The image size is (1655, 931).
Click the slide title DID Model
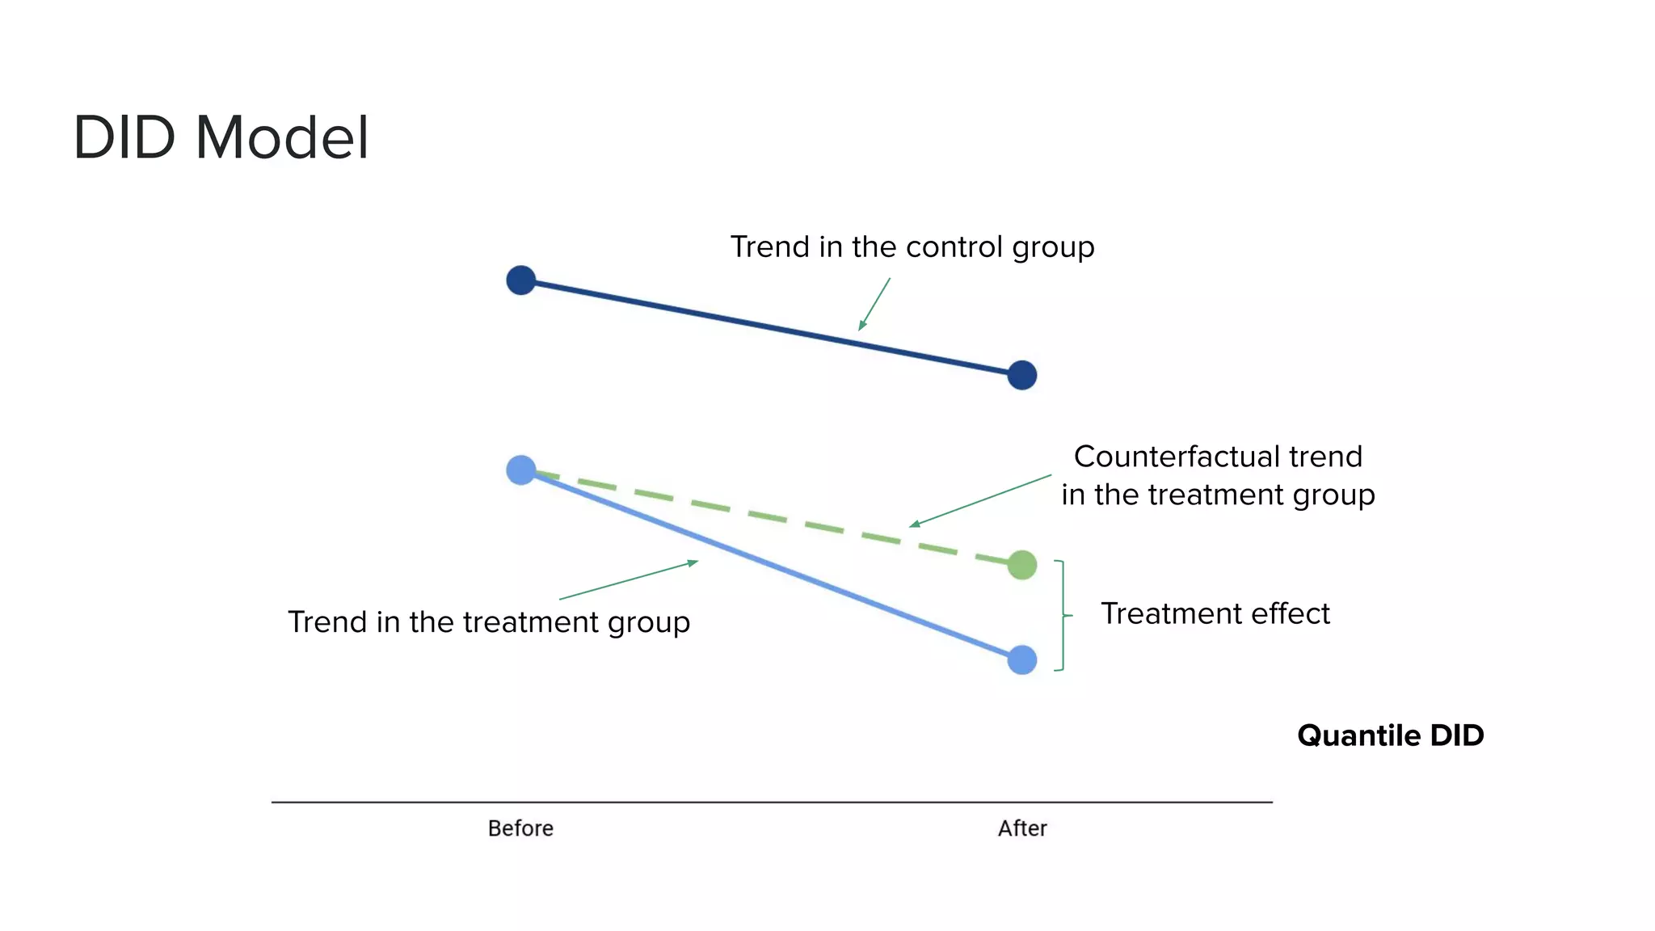[221, 137]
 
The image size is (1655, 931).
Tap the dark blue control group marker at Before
[520, 280]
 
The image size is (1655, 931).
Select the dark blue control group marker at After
[1022, 375]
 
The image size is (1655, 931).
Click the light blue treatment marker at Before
[520, 470]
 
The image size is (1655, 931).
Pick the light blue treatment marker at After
[1022, 659]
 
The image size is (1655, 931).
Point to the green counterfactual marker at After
[1022, 565]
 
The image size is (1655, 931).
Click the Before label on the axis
[520, 828]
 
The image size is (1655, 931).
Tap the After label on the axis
[1022, 828]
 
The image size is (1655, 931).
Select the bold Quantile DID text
[1390, 735]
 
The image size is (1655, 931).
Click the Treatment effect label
[1215, 613]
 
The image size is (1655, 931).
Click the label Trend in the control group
[912, 246]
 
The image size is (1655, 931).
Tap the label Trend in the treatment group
[489, 622]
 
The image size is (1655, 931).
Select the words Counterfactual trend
[1218, 457]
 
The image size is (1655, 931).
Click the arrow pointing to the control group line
[874, 304]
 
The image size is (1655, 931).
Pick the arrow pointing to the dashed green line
[980, 501]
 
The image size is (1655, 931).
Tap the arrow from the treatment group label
[628, 579]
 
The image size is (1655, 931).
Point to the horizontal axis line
[772, 802]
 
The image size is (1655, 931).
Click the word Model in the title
[282, 137]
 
